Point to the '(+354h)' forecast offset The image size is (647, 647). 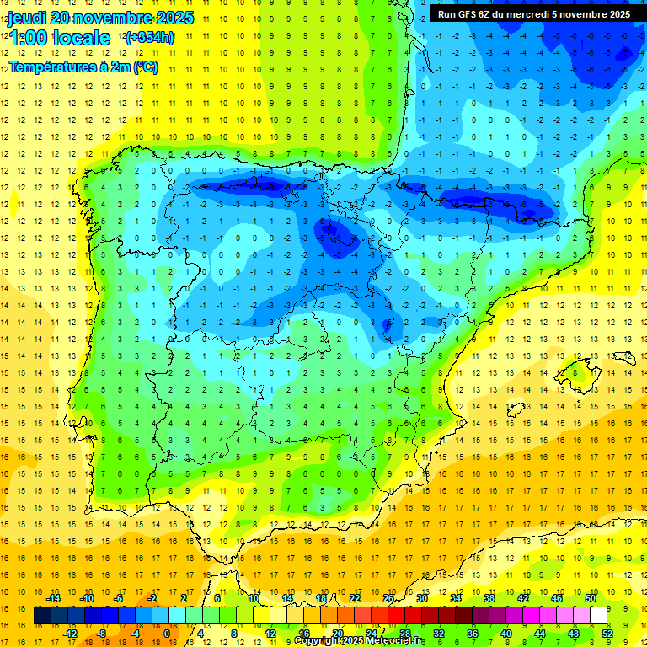pyautogui.click(x=149, y=38)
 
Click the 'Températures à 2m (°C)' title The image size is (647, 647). pyautogui.click(x=83, y=67)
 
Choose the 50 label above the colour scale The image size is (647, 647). pyautogui.click(x=591, y=598)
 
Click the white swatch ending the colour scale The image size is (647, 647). pyautogui.click(x=599, y=616)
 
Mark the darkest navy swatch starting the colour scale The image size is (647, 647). pyautogui.click(x=42, y=616)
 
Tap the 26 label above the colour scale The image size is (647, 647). pyautogui.click(x=388, y=598)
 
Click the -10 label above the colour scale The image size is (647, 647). pyautogui.click(x=86, y=598)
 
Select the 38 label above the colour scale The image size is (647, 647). pyautogui.click(x=489, y=598)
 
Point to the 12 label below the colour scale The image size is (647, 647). pyautogui.click(x=270, y=634)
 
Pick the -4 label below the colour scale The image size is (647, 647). pyautogui.click(x=135, y=634)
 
